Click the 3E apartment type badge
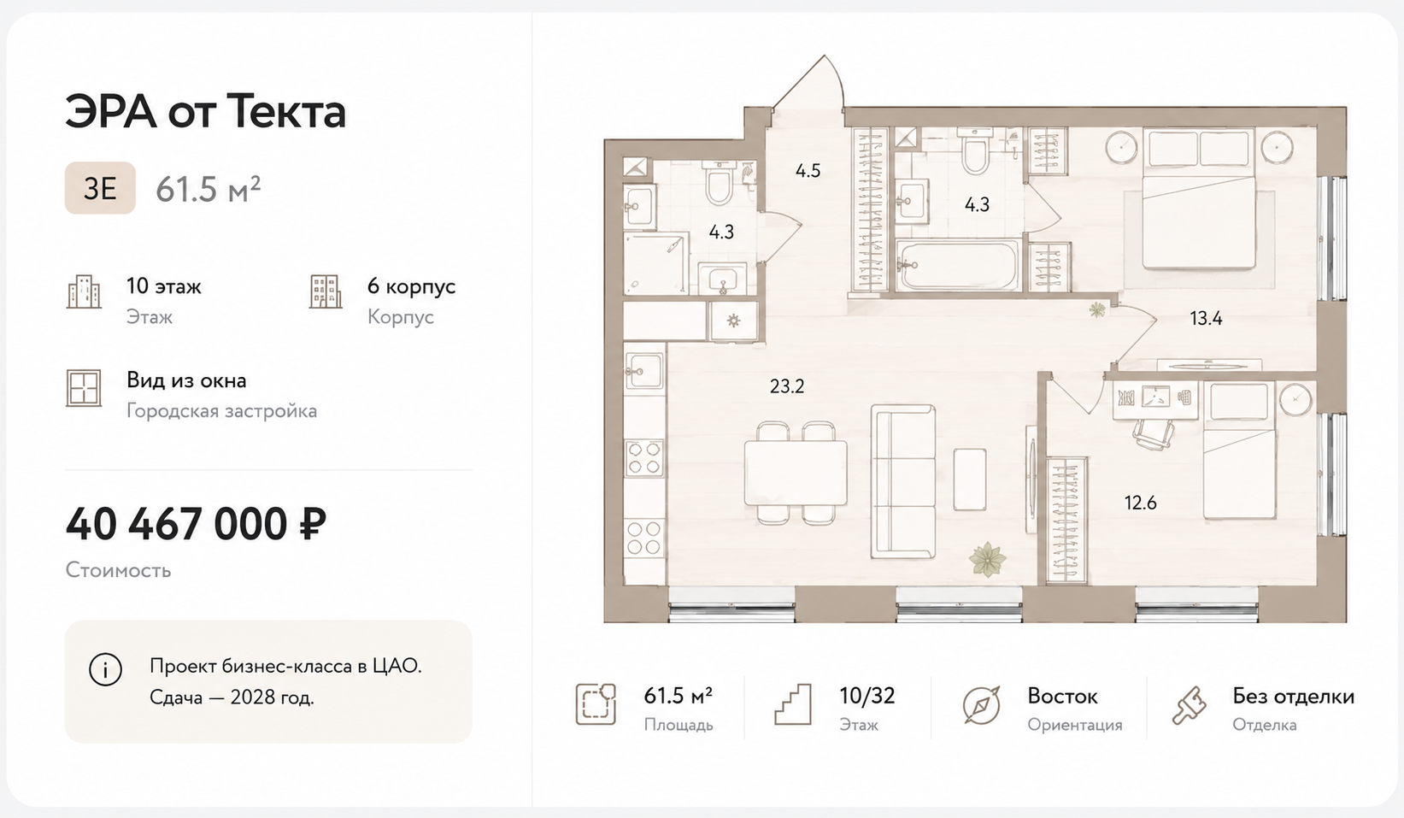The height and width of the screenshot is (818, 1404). (100, 188)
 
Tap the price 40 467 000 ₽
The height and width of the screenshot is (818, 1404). (197, 524)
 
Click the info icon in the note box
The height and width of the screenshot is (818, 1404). (105, 669)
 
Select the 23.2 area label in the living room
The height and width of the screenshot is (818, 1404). (787, 386)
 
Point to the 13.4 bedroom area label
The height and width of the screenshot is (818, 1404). (1206, 319)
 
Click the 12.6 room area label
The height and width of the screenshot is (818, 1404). (1140, 503)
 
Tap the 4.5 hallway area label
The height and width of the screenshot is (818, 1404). (808, 170)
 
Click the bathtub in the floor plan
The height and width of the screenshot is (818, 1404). (958, 265)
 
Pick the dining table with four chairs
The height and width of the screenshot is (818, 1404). (796, 473)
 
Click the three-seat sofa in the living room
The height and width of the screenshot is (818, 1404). (903, 481)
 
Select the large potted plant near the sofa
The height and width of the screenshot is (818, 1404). (987, 559)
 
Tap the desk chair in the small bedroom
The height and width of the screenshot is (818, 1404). (1154, 433)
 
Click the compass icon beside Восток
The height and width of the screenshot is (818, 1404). (981, 706)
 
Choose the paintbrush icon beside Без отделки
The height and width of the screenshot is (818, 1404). (1189, 706)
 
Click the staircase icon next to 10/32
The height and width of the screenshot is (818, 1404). (793, 704)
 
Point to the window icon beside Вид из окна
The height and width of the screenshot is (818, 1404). (84, 388)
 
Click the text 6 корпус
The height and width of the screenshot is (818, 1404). (411, 286)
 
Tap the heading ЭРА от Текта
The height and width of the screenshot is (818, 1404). (206, 112)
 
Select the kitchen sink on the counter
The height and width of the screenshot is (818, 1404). (644, 370)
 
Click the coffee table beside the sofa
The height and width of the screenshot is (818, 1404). (970, 480)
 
